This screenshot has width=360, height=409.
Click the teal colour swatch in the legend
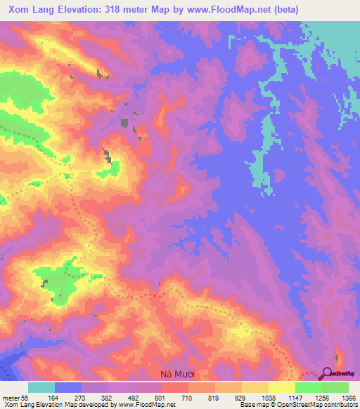click(x=41, y=387)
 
